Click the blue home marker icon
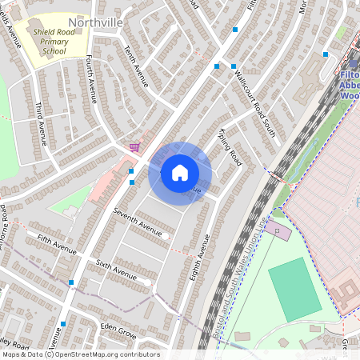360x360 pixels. (x=180, y=173)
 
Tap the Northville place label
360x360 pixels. (x=96, y=22)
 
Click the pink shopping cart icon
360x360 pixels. (x=134, y=147)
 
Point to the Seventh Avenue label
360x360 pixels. (x=137, y=222)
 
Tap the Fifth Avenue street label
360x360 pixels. (x=56, y=243)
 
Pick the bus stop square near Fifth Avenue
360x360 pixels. (x=72, y=282)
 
